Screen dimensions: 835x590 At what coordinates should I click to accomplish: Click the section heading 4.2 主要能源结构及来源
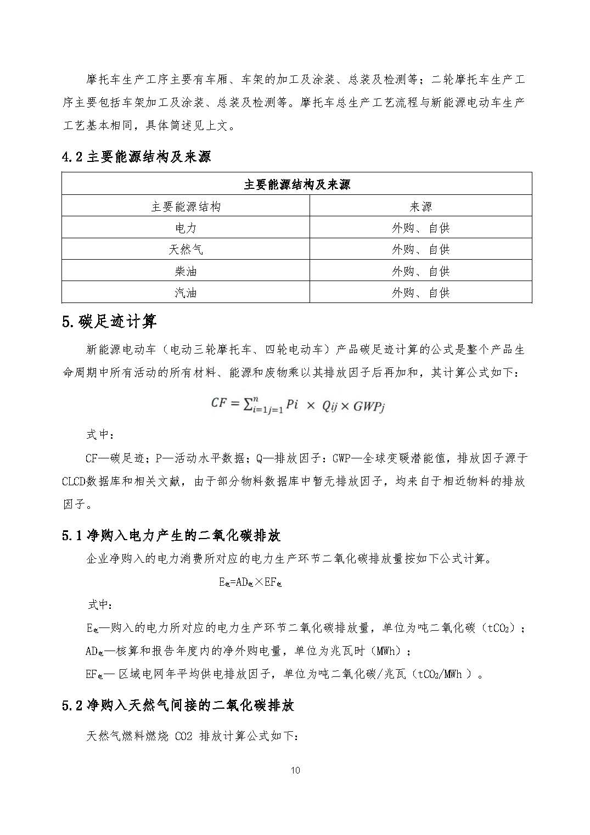point(136,157)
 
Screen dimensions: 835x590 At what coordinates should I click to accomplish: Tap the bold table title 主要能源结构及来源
point(296,184)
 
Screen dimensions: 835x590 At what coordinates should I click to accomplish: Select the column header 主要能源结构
point(186,206)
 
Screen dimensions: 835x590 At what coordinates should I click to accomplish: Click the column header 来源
point(420,206)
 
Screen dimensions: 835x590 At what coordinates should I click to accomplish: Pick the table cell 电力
point(186,228)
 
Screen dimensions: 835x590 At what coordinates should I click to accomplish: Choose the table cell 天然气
point(186,249)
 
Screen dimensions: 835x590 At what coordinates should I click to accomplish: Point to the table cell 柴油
point(186,271)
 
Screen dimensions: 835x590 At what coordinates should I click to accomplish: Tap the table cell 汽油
point(186,293)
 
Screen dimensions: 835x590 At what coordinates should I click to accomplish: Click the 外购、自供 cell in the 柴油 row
point(420,271)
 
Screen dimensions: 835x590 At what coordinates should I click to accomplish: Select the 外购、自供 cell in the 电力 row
point(420,228)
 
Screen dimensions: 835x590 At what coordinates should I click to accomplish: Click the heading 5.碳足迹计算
point(109,322)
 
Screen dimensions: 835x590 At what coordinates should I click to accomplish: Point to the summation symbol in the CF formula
point(248,404)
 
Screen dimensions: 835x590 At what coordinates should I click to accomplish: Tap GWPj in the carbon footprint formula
point(370,407)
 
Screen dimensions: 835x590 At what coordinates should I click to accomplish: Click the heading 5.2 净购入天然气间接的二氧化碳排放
point(178,706)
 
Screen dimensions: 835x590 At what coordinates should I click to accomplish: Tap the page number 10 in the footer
point(295,771)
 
